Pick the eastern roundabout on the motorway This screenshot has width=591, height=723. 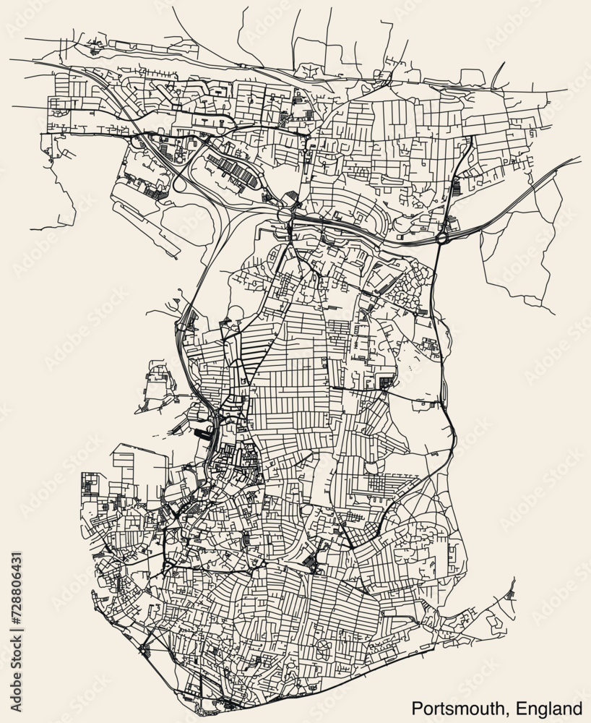pyautogui.click(x=441, y=236)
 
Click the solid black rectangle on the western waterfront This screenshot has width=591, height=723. pyautogui.click(x=201, y=434)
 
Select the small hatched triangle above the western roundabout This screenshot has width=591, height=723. pyautogui.click(x=290, y=197)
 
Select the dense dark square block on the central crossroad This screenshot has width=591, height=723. pyautogui.click(x=387, y=381)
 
